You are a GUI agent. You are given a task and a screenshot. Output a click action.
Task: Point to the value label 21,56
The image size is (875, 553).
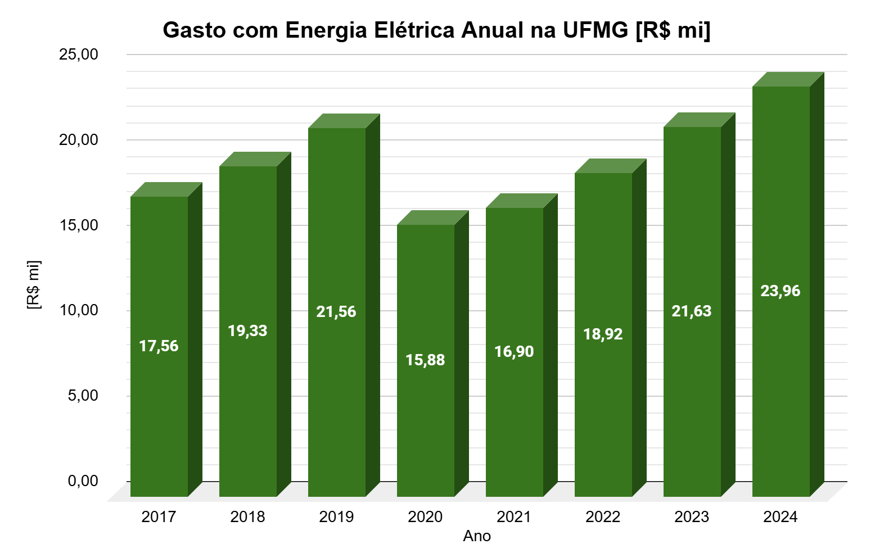(336, 312)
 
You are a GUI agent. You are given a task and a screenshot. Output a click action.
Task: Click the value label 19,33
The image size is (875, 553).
(247, 331)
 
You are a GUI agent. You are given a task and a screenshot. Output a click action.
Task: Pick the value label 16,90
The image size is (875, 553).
(514, 352)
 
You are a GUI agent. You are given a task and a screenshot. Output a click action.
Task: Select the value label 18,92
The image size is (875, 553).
(603, 334)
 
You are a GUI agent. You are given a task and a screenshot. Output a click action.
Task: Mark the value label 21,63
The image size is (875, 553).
(692, 311)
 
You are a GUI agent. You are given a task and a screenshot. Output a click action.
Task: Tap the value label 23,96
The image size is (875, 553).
(781, 291)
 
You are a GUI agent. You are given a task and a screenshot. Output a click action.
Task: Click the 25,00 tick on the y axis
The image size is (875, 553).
(79, 55)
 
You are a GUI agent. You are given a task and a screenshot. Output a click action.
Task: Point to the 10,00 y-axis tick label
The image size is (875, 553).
(79, 310)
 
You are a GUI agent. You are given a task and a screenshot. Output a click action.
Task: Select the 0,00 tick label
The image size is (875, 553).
(83, 481)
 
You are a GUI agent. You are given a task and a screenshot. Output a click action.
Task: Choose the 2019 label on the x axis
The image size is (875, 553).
(336, 517)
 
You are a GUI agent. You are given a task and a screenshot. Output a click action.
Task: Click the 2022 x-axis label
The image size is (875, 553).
(603, 517)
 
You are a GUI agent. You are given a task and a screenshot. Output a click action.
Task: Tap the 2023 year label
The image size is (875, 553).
(692, 517)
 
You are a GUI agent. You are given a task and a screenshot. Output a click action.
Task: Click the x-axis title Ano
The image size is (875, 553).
(477, 537)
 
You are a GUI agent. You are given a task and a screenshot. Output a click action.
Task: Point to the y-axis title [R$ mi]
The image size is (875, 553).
(34, 285)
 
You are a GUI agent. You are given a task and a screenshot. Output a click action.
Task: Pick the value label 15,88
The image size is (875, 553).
(425, 360)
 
